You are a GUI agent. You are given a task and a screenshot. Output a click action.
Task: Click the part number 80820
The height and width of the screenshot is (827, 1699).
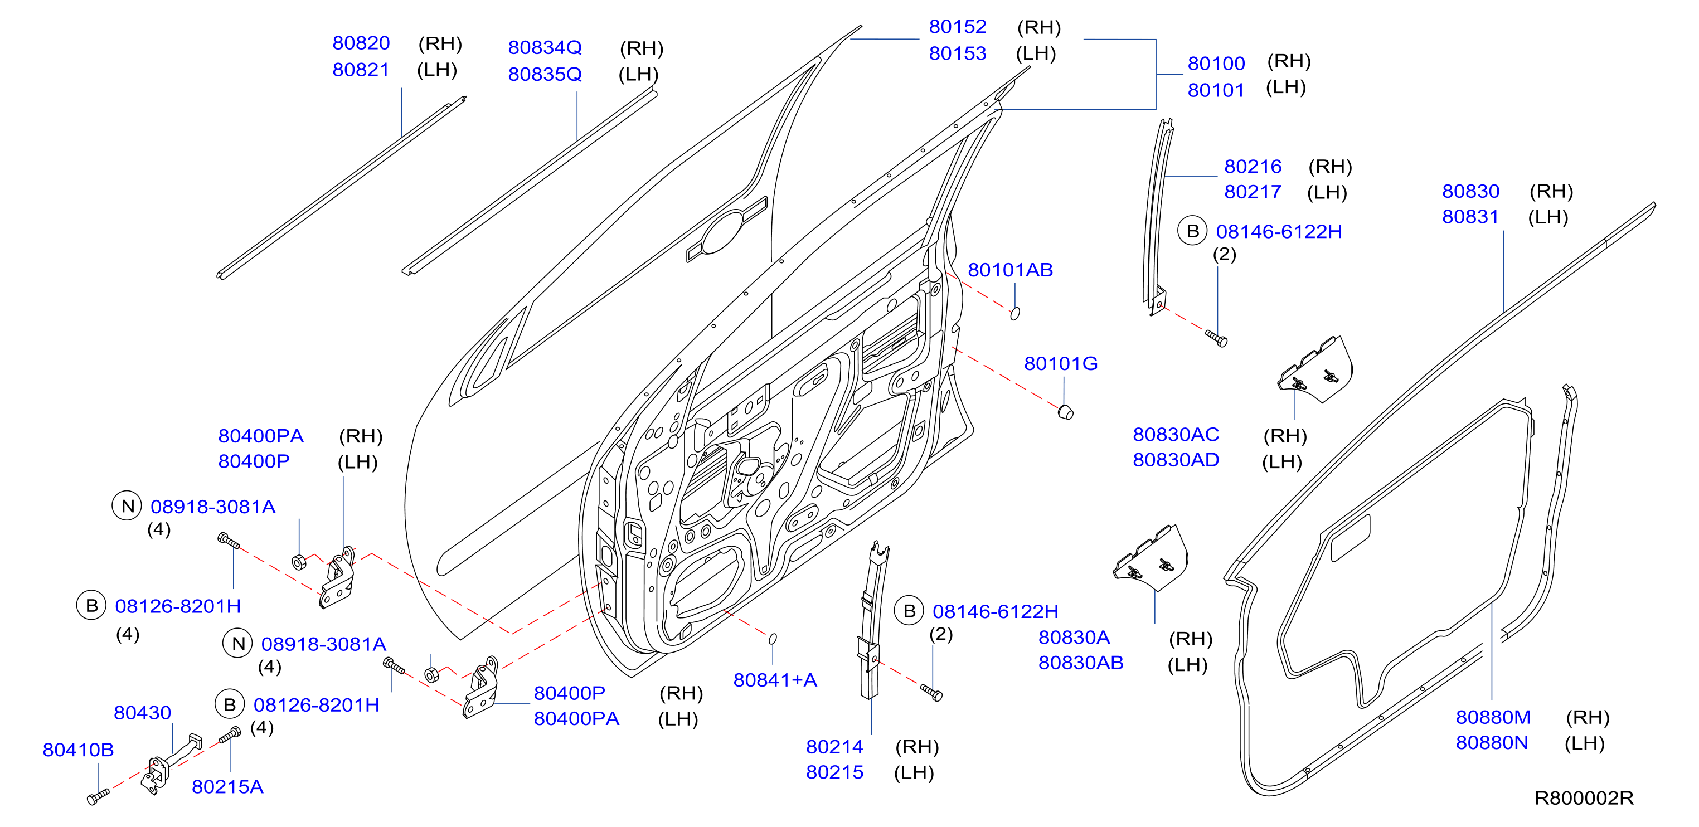click(x=361, y=43)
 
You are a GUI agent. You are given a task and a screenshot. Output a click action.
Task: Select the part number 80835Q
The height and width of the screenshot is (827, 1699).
click(x=545, y=75)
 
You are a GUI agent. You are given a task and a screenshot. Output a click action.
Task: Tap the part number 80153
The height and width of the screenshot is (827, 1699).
click(x=958, y=53)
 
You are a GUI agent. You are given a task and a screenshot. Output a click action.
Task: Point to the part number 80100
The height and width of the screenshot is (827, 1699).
click(x=1216, y=64)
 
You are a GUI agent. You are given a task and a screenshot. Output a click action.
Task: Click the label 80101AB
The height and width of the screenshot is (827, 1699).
click(x=1010, y=270)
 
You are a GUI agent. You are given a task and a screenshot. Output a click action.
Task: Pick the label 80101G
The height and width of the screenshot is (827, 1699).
click(x=1061, y=363)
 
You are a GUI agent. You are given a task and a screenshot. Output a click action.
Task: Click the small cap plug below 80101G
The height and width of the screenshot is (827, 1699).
click(x=1065, y=413)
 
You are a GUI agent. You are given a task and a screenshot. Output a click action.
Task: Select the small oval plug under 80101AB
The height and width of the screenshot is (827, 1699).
click(x=1015, y=313)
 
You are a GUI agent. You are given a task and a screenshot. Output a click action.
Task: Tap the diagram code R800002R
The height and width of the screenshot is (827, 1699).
click(x=1584, y=798)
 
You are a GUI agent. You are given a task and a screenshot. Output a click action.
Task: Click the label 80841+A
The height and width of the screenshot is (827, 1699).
click(x=775, y=680)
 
